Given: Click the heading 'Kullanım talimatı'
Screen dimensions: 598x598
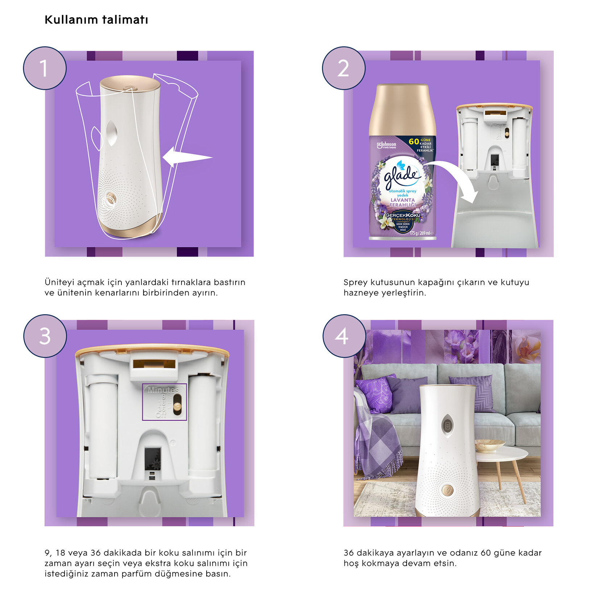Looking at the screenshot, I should [x=96, y=20].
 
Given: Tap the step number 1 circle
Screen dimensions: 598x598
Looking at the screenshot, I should [x=45, y=68].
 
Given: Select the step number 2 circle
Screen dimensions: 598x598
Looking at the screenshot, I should [x=343, y=68].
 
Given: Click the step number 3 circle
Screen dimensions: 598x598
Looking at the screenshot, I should [x=45, y=336].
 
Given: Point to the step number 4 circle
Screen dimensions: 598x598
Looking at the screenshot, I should [x=344, y=336].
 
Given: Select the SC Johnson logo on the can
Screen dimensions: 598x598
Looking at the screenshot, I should [x=386, y=145].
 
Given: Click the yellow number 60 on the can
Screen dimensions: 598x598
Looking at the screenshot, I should [x=414, y=141].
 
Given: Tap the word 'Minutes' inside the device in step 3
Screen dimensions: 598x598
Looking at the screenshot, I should [x=163, y=390].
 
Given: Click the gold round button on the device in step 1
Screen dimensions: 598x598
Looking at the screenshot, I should [x=111, y=199].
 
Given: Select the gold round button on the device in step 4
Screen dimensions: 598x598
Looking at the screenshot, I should [x=447, y=490].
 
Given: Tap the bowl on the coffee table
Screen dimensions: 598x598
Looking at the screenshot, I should [x=490, y=445].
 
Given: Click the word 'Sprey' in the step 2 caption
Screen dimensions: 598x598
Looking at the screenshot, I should [x=355, y=282].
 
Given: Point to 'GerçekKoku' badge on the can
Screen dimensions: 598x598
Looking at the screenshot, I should [x=403, y=215].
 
